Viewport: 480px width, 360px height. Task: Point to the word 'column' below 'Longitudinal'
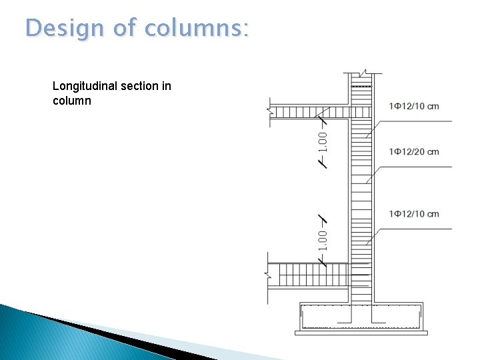71,101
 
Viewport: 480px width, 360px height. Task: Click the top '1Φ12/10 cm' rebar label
413,107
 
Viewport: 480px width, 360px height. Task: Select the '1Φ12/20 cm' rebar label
413,152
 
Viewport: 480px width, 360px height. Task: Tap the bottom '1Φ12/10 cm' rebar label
413,214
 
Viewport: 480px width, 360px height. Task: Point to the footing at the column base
361,318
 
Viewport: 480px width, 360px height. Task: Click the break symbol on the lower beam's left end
269,274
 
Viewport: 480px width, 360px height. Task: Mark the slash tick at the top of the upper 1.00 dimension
322,120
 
